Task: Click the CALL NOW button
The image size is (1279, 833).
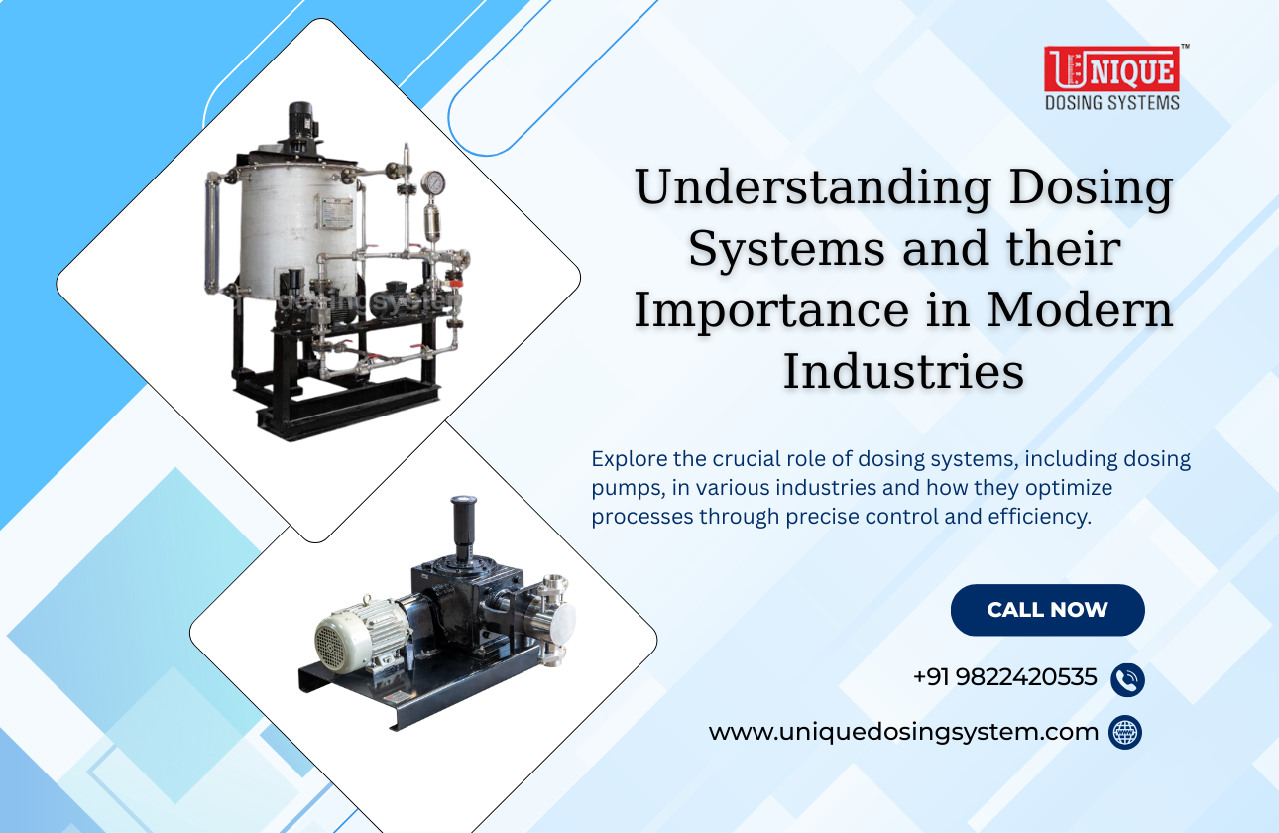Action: pyautogui.click(x=1047, y=610)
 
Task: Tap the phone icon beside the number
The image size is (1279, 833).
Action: pyautogui.click(x=1127, y=680)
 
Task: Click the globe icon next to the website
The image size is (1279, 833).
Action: pyautogui.click(x=1125, y=733)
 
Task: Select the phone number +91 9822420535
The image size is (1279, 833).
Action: pyautogui.click(x=1004, y=677)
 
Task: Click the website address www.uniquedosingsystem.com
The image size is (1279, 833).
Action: pyautogui.click(x=903, y=733)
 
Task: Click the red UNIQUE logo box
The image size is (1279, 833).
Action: pyautogui.click(x=1111, y=69)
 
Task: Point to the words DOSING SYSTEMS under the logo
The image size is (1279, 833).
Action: pyautogui.click(x=1111, y=102)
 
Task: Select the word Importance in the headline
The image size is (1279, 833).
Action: pyautogui.click(x=769, y=310)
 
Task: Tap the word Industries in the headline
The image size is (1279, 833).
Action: pyautogui.click(x=903, y=372)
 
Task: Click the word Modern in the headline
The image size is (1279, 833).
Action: pyautogui.click(x=1090, y=310)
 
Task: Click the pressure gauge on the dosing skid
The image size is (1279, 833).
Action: pyautogui.click(x=432, y=183)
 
